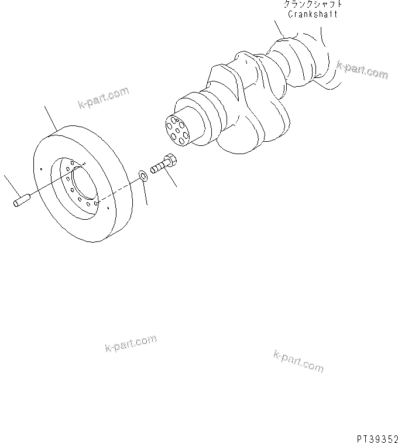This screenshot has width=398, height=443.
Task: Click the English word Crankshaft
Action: pos(312,14)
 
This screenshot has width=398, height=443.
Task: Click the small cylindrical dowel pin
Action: pos(21,201)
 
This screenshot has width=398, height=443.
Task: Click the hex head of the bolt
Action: pos(170,159)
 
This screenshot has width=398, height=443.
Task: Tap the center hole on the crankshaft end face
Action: pos(176,129)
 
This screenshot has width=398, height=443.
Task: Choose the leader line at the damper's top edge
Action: pos(51,119)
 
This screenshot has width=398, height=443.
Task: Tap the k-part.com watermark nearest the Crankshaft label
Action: pos(362,70)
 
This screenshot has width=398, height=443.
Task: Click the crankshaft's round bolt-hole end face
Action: pos(175,129)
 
